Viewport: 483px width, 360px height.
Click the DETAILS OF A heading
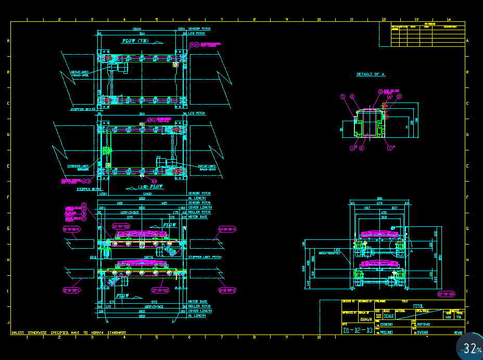point(371,74)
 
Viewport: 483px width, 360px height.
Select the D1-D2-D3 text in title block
point(358,330)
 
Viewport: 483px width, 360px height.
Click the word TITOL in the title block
point(418,306)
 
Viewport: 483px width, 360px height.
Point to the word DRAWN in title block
point(366,319)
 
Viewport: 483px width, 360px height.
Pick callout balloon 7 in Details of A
point(343,97)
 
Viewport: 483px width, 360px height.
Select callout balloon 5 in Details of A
point(400,97)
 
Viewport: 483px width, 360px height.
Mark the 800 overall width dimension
point(379,198)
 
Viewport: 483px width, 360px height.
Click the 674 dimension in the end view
point(379,203)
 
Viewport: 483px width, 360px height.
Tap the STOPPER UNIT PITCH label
point(201,257)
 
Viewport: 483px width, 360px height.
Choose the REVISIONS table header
point(429,23)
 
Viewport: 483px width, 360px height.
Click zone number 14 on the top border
point(449,19)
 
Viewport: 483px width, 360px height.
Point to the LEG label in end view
point(337,250)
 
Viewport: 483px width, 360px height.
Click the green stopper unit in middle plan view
point(107,150)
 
